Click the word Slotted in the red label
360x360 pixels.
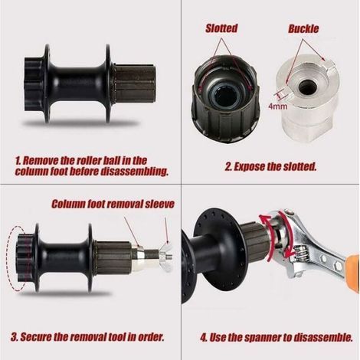tap(221, 28)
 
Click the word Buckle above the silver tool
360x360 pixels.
tap(303, 28)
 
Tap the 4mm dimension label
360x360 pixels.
tap(278, 106)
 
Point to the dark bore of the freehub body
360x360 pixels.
tap(225, 95)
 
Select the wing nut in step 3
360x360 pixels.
tap(166, 255)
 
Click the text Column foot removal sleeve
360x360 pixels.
tap(113, 204)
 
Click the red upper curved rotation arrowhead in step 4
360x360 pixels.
tap(263, 220)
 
